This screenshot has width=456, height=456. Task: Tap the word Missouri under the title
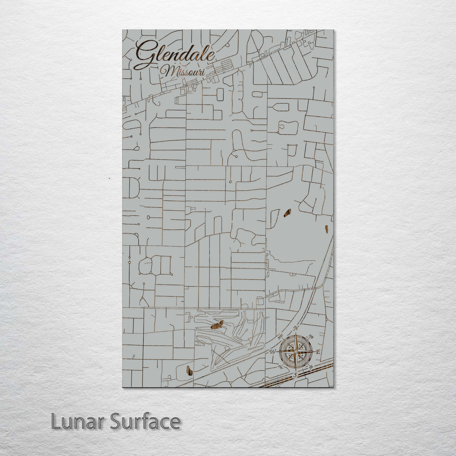click(x=183, y=71)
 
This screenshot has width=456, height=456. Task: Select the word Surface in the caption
click(x=145, y=421)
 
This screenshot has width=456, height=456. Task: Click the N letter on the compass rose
click(x=296, y=328)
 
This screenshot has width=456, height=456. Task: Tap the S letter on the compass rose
click(x=296, y=375)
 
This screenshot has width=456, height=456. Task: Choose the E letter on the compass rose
click(x=318, y=352)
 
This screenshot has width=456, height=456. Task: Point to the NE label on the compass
click(x=312, y=336)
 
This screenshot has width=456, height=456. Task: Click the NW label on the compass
click(x=280, y=337)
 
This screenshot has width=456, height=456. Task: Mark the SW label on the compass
click(x=280, y=366)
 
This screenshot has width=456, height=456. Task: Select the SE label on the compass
click(x=311, y=366)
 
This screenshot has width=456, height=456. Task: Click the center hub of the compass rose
click(x=296, y=351)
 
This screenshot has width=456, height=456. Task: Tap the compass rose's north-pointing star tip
click(x=296, y=335)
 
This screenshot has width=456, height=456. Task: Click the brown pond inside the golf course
click(x=217, y=325)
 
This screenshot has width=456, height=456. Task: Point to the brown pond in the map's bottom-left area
click(x=189, y=370)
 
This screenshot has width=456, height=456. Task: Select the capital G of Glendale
click(x=144, y=55)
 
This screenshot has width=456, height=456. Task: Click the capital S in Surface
click(x=116, y=421)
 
